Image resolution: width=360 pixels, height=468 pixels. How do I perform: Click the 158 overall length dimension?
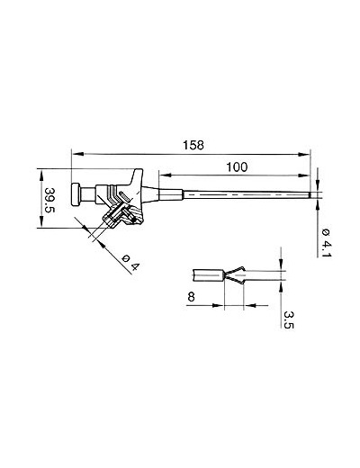[x=193, y=145]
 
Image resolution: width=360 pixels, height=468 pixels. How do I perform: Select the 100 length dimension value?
[x=237, y=167]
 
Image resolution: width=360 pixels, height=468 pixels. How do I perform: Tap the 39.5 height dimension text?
[x=49, y=200]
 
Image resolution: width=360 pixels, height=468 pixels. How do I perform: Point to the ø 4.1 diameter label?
[x=326, y=243]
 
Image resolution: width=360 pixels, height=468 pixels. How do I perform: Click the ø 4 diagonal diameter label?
[x=131, y=262]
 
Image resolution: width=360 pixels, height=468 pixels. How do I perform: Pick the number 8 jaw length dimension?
[x=191, y=297]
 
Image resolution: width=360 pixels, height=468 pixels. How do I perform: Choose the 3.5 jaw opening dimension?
[x=289, y=319]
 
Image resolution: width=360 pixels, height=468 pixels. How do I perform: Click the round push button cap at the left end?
[x=76, y=194]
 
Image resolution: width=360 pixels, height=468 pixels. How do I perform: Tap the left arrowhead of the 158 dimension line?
[x=78, y=154]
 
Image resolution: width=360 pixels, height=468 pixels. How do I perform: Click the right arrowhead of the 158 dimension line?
[x=303, y=155]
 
